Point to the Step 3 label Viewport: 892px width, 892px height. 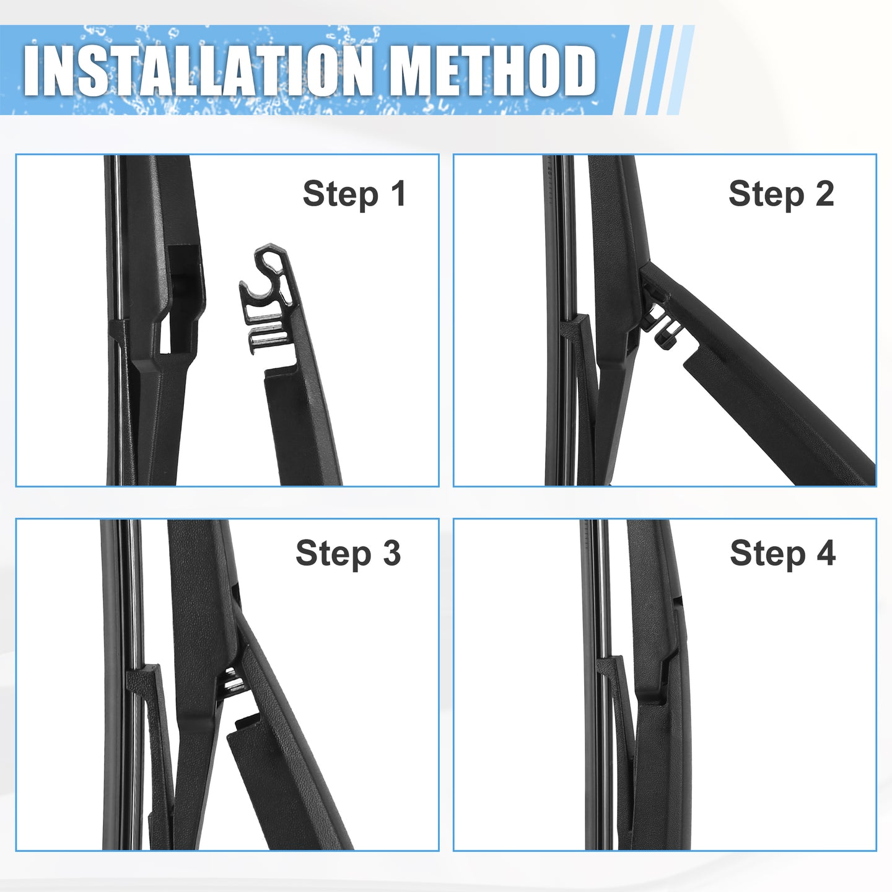(348, 553)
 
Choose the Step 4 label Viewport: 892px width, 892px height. (783, 553)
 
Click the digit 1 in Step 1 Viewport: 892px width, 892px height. (398, 193)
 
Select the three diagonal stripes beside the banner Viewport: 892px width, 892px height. (658, 70)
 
